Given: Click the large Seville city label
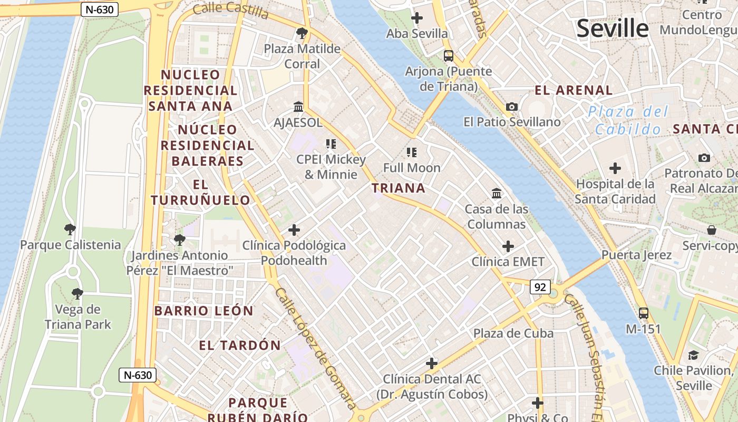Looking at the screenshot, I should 612,28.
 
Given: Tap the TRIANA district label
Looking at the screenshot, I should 399,188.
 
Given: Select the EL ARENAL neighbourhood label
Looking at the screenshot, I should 574,90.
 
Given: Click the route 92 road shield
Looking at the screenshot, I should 540,287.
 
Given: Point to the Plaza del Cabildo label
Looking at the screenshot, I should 628,120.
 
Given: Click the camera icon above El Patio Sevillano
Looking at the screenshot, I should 511,107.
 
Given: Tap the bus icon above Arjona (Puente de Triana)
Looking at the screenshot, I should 449,55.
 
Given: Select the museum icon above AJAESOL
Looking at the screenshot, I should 298,107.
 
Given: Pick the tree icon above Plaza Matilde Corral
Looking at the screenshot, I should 302,34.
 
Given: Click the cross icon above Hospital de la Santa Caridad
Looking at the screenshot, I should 615,169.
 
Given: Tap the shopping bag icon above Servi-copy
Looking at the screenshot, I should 712,230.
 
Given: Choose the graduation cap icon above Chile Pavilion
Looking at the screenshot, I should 693,355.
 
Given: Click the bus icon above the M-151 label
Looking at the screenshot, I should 644,313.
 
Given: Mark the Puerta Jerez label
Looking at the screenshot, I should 637,255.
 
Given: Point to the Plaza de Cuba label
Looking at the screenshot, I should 513,333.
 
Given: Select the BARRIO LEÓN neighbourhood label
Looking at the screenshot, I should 203,311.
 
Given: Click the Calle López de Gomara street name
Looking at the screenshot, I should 315,348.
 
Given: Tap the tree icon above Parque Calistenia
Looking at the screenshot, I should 70,229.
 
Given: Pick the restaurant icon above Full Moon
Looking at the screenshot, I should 412,152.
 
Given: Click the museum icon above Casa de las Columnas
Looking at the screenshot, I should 497,194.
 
